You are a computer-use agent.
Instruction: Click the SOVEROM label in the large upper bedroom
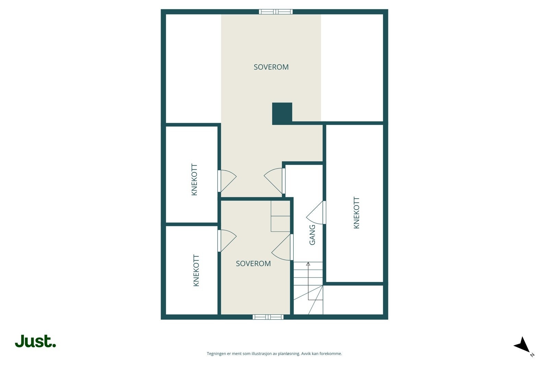(271, 67)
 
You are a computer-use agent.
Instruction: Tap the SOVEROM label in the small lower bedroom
(253, 263)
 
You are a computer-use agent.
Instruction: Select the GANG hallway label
(312, 235)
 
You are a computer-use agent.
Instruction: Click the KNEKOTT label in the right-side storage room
(357, 213)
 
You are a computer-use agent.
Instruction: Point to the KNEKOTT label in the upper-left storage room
(195, 180)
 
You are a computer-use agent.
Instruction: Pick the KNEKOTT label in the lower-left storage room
(196, 270)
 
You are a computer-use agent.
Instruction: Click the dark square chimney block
(282, 113)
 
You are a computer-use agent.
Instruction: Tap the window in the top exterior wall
(276, 12)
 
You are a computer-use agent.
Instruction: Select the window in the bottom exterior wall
(268, 317)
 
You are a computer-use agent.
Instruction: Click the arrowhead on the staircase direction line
(308, 264)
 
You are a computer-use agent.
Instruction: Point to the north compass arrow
(523, 345)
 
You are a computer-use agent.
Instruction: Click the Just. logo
(35, 341)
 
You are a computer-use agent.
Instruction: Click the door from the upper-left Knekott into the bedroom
(226, 181)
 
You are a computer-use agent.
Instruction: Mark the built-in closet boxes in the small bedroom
(280, 216)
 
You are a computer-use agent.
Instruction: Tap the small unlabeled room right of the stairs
(353, 300)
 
